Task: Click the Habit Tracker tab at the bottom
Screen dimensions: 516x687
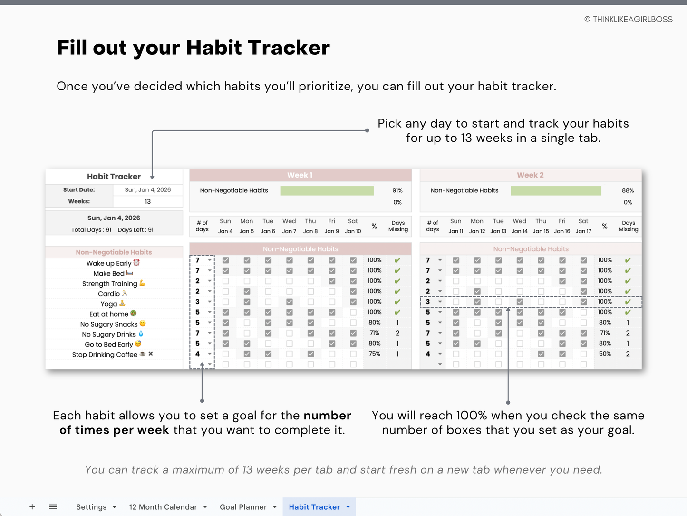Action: (x=314, y=507)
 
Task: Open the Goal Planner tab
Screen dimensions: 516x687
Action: (x=243, y=507)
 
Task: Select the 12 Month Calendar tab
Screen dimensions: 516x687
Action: (x=163, y=507)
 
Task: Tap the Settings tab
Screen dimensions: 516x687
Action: (x=91, y=507)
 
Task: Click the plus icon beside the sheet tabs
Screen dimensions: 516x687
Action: (x=32, y=507)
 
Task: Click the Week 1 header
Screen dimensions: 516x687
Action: (x=300, y=175)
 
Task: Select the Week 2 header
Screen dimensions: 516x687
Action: (x=530, y=175)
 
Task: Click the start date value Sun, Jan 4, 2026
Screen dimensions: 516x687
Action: (x=147, y=189)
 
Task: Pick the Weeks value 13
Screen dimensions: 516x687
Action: (x=147, y=201)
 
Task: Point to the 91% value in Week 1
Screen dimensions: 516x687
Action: (x=397, y=190)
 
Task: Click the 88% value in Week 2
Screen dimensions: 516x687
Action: (x=628, y=190)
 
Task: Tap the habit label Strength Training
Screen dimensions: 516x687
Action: (x=110, y=284)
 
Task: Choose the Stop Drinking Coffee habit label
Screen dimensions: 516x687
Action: (x=105, y=355)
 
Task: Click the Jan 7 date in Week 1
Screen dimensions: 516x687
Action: (x=289, y=231)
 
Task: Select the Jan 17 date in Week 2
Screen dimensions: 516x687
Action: (x=583, y=231)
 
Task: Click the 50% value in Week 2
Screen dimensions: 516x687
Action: (x=605, y=354)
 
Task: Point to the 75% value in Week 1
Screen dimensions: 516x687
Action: (x=375, y=354)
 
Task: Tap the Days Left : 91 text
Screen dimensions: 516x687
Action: (x=135, y=230)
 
